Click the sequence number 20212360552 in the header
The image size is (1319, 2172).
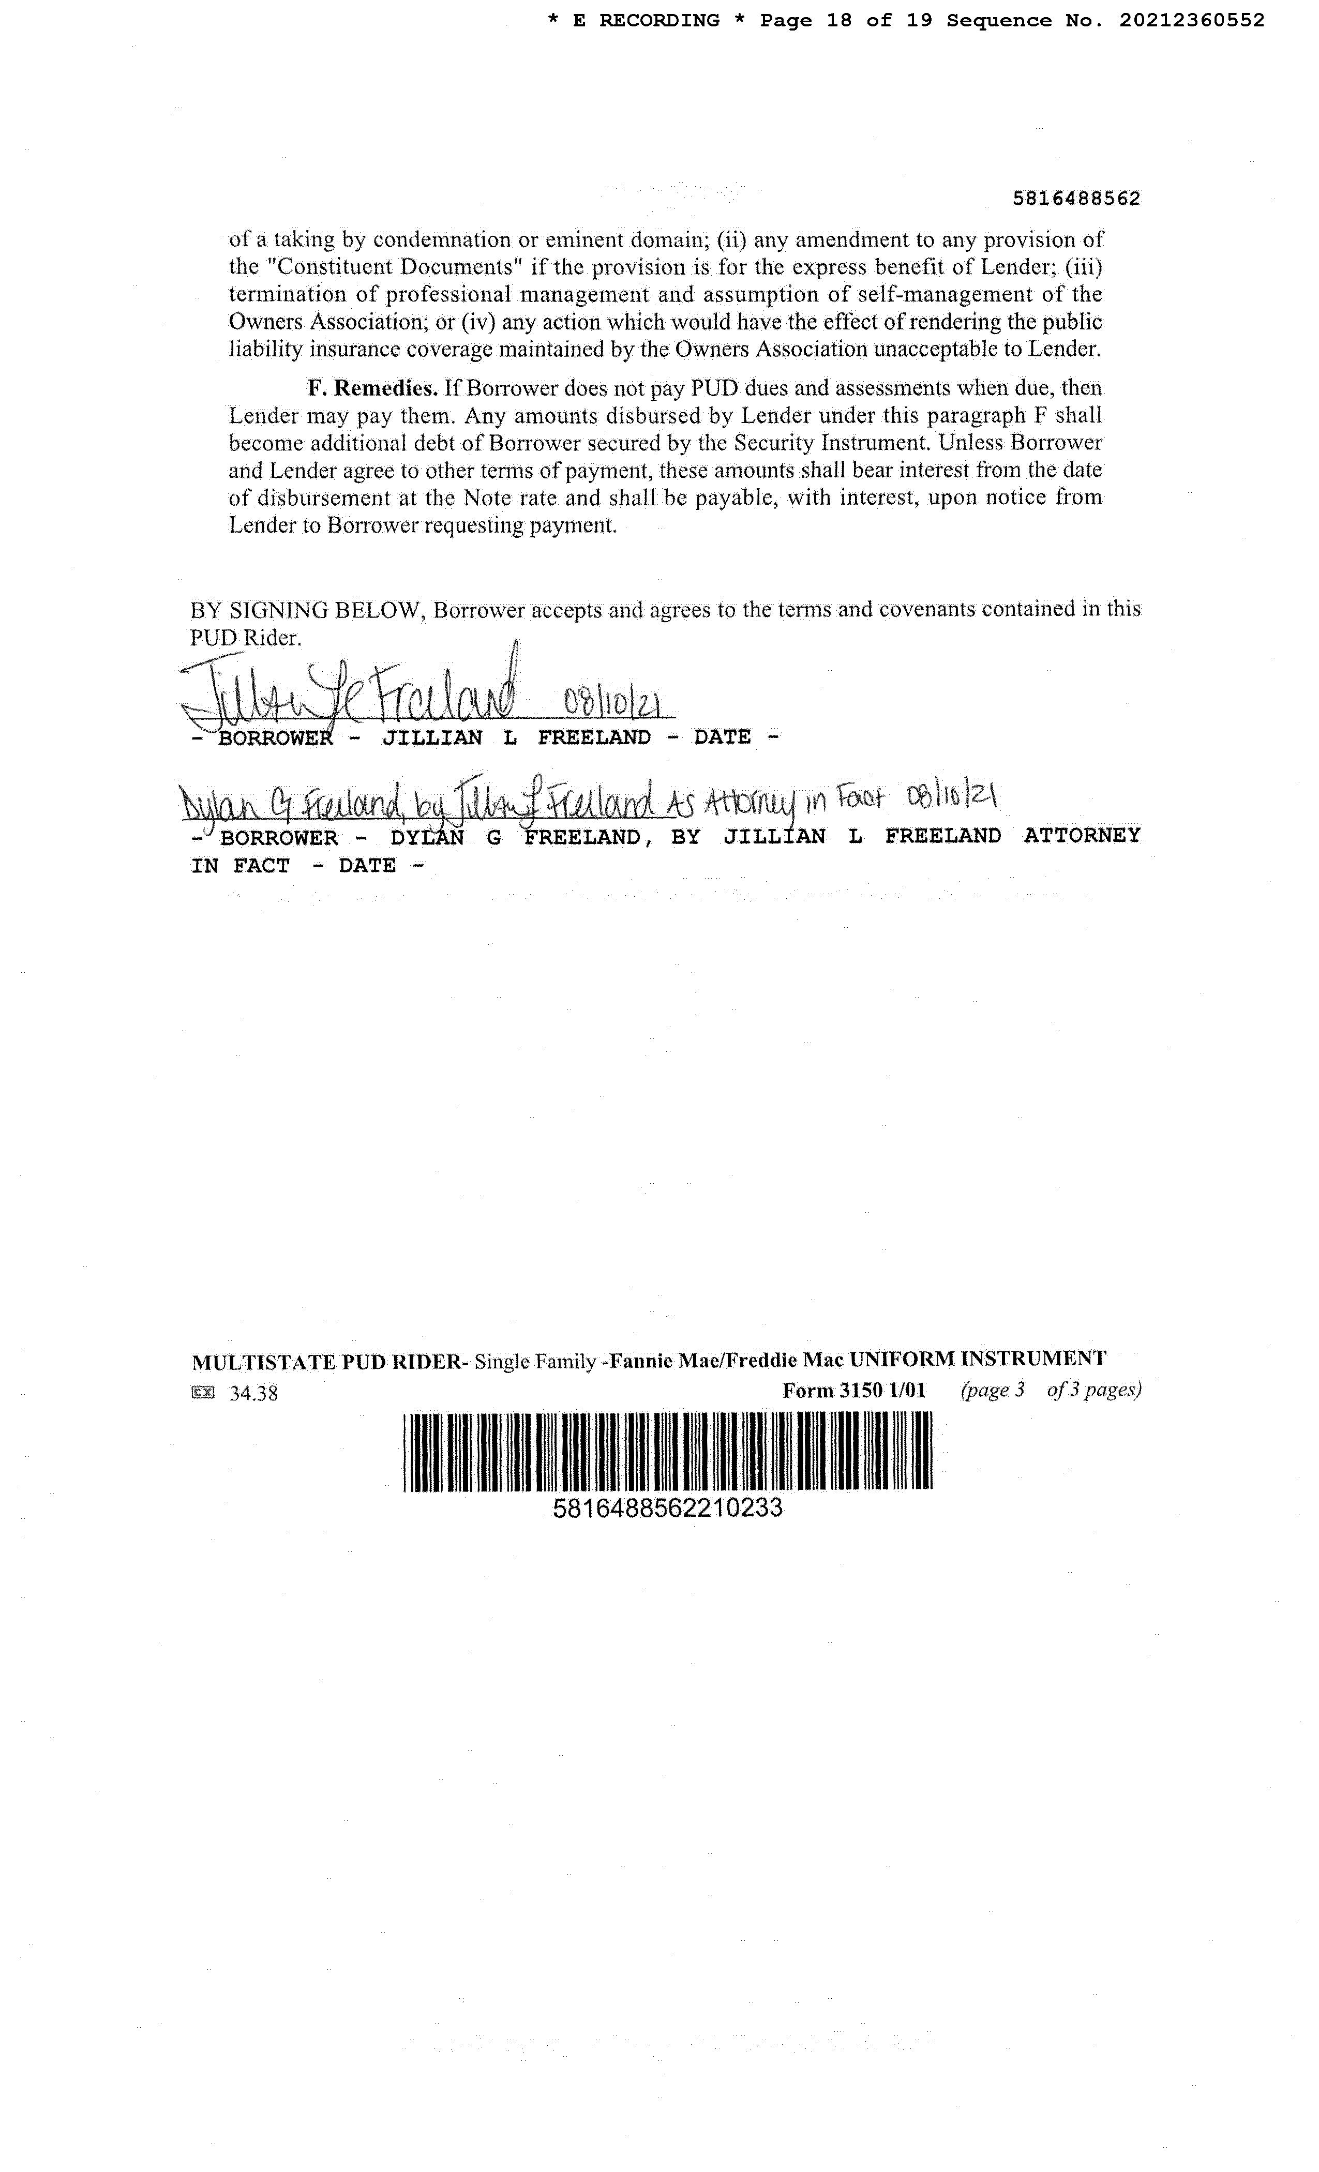[1192, 20]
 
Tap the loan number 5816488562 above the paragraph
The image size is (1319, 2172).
[1076, 199]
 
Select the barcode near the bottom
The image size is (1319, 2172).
[667, 1451]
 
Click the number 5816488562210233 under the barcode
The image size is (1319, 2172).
[667, 1507]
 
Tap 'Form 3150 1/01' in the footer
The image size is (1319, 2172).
[853, 1390]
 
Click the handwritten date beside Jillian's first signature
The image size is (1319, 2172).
[617, 706]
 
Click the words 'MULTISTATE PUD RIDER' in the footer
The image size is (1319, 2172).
[325, 1362]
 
